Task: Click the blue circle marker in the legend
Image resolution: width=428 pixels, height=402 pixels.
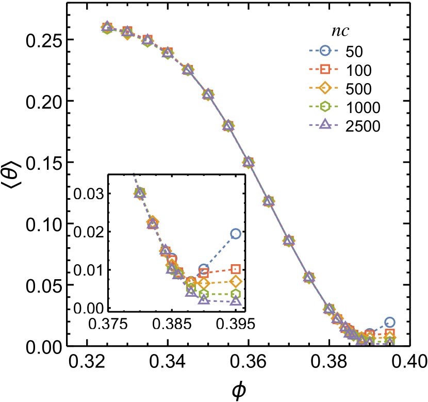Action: [x=325, y=51]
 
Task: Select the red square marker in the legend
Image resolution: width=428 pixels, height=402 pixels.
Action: [x=325, y=69]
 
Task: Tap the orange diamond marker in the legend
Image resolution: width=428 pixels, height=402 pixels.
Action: [x=325, y=88]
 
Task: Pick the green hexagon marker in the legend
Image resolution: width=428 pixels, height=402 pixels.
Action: [x=325, y=106]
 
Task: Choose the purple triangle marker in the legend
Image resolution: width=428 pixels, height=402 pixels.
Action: [x=325, y=124]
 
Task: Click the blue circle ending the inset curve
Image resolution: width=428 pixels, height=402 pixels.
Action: [x=236, y=234]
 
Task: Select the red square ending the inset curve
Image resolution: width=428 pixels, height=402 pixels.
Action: [x=236, y=269]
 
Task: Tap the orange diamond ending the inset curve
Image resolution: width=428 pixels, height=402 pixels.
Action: [x=236, y=281]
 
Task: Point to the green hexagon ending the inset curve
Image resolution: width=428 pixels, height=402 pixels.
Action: [x=236, y=294]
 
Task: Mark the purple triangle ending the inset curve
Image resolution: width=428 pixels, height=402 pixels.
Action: [x=236, y=301]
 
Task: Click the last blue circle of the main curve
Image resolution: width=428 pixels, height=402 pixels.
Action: [x=390, y=322]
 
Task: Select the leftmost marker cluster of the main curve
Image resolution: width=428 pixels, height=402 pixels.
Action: [x=107, y=27]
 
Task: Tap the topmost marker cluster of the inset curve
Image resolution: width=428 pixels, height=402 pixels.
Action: [x=140, y=193]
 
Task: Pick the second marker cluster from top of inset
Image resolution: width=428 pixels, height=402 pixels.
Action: [x=153, y=222]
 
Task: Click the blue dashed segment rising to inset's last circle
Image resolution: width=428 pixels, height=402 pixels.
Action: [x=220, y=251]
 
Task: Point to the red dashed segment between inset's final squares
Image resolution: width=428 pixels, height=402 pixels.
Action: [x=220, y=271]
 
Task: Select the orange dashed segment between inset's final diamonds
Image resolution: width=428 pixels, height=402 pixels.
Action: [x=220, y=282]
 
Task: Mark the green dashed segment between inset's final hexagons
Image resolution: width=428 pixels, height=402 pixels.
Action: [x=220, y=294]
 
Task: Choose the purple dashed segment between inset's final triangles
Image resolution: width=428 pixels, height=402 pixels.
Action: [x=220, y=300]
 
